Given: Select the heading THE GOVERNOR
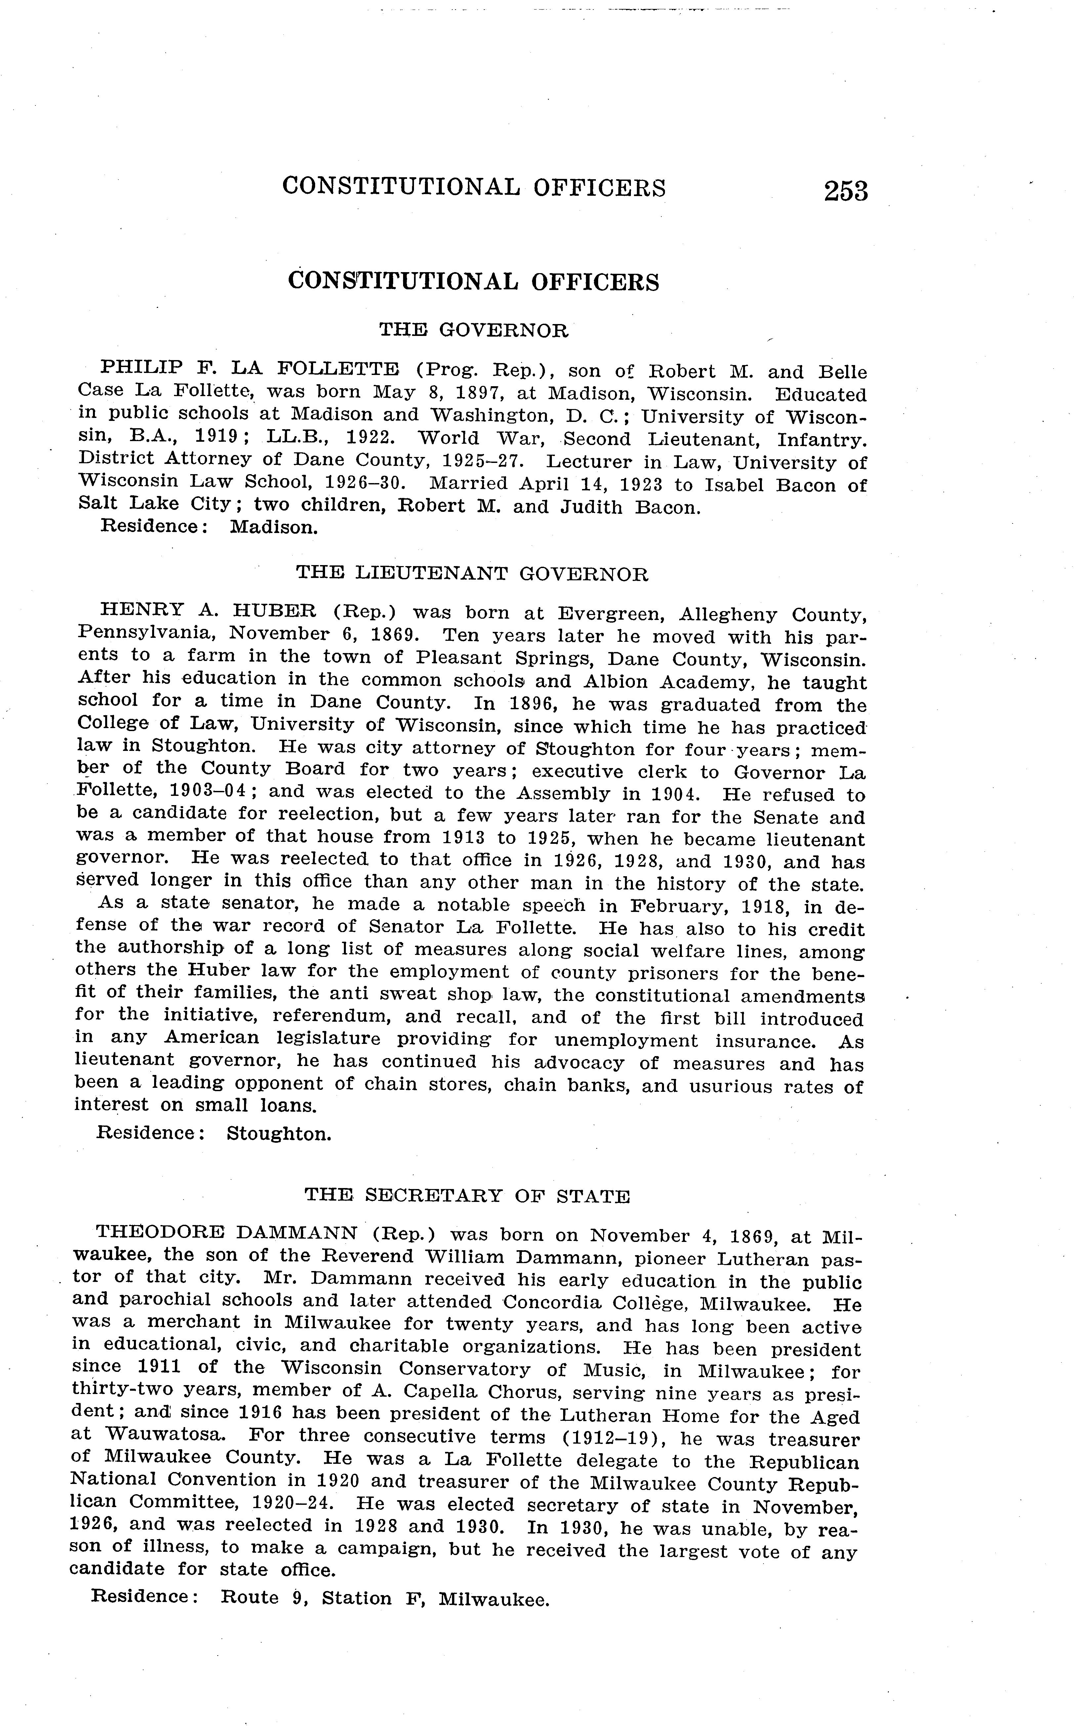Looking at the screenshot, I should pos(474,330).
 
